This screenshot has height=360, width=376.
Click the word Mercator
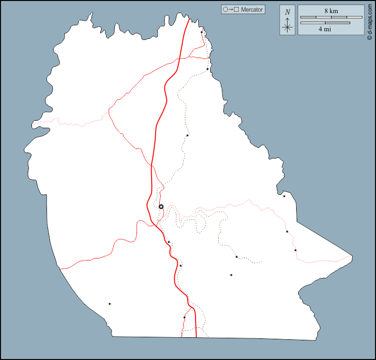pyautogui.click(x=252, y=10)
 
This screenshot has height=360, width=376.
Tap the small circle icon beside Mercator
pyautogui.click(x=225, y=10)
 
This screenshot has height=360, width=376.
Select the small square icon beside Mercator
pyautogui.click(x=237, y=10)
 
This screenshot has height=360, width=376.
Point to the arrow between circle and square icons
pyautogui.click(x=231, y=10)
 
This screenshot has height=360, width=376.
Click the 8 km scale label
pyautogui.click(x=331, y=11)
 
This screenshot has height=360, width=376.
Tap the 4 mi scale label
pyautogui.click(x=324, y=29)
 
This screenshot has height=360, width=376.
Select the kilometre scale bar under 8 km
pyautogui.click(x=331, y=17)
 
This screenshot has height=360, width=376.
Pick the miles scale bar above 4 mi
pyautogui.click(x=325, y=22)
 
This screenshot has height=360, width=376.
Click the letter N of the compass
pyautogui.click(x=288, y=12)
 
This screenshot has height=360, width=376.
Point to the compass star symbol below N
pyautogui.click(x=288, y=26)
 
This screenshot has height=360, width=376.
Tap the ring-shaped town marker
pyautogui.click(x=161, y=207)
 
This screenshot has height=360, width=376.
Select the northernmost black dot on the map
pyautogui.click(x=202, y=32)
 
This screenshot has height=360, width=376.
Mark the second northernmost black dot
pyautogui.click(x=207, y=69)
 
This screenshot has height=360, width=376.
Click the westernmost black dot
pyautogui.click(x=110, y=304)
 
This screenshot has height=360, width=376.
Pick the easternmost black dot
pyautogui.click(x=296, y=250)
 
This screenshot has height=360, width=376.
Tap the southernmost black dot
pyautogui.click(x=184, y=318)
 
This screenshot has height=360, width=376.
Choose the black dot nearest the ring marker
pyautogui.click(x=169, y=242)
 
